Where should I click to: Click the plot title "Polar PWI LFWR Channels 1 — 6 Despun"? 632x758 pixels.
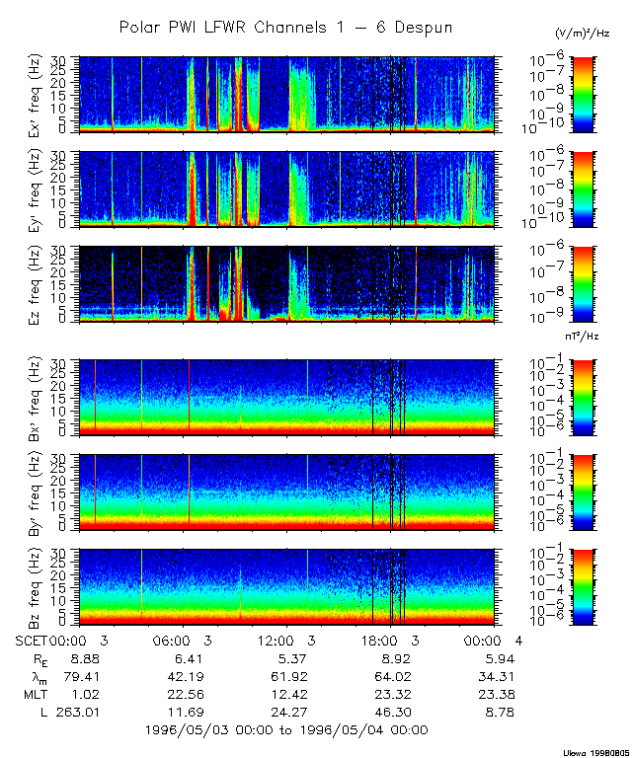pos(285,27)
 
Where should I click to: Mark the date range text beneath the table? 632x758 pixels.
pos(286,729)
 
